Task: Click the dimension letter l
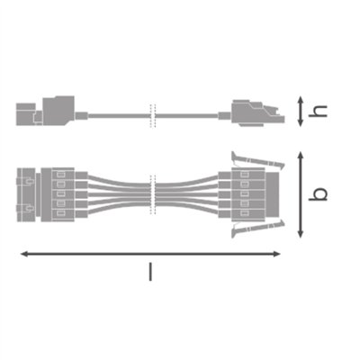(x=151, y=271)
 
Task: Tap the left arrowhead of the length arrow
(x=23, y=255)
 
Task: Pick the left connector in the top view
(x=54, y=194)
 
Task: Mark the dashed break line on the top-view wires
(x=152, y=194)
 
